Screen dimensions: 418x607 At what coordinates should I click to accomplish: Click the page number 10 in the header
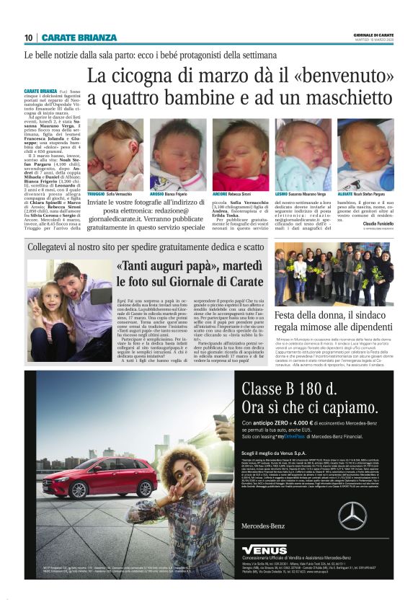(29, 37)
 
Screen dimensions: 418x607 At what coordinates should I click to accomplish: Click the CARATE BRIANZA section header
(79, 37)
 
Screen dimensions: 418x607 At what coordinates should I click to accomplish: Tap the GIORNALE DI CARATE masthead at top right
(374, 34)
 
